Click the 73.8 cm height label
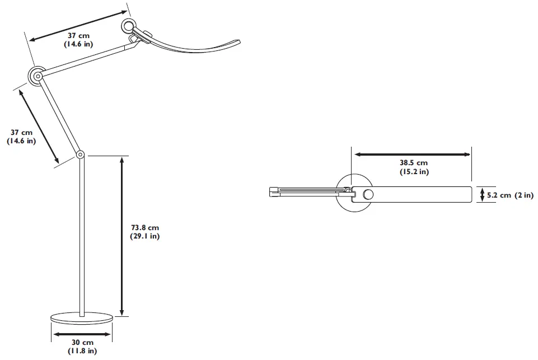click(x=145, y=227)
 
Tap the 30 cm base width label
click(x=82, y=342)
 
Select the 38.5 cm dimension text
click(x=413, y=163)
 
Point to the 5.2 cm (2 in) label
click(x=509, y=195)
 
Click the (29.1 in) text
click(x=145, y=236)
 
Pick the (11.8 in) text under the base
click(x=82, y=351)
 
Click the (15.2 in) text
click(x=414, y=172)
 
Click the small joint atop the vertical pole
click(x=81, y=154)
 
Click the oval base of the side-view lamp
click(x=82, y=319)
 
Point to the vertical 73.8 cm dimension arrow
click(x=122, y=235)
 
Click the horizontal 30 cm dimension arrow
click(x=82, y=334)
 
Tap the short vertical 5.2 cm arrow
click(x=483, y=195)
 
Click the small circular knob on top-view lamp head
click(x=368, y=194)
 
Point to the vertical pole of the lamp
click(x=82, y=235)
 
